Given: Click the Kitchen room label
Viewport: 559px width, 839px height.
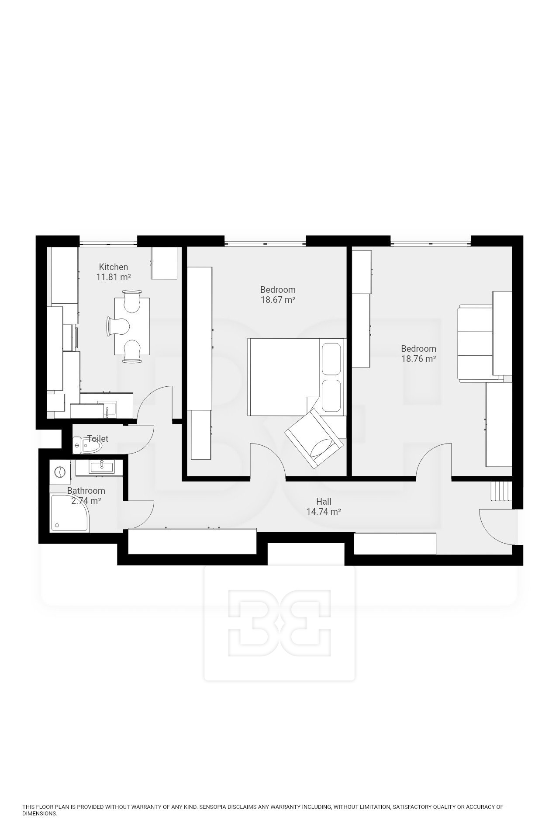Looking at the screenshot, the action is pyautogui.click(x=114, y=267).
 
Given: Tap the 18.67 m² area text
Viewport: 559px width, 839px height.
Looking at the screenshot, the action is pyautogui.click(x=278, y=300).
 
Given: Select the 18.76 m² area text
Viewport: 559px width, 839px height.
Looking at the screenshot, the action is pyautogui.click(x=419, y=359).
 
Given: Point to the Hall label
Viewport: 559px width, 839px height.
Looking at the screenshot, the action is pyautogui.click(x=324, y=502).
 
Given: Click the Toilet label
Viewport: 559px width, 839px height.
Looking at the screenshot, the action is pyautogui.click(x=98, y=439).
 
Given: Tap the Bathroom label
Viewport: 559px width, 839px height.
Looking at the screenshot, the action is pyautogui.click(x=86, y=491).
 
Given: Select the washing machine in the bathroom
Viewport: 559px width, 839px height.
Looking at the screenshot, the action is pyautogui.click(x=59, y=472).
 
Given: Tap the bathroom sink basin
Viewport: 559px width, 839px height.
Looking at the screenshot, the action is pyautogui.click(x=101, y=467).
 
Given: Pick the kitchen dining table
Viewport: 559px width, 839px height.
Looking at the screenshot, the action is pyautogui.click(x=132, y=326).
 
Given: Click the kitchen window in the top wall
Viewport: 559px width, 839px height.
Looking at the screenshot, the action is pyautogui.click(x=108, y=242).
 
